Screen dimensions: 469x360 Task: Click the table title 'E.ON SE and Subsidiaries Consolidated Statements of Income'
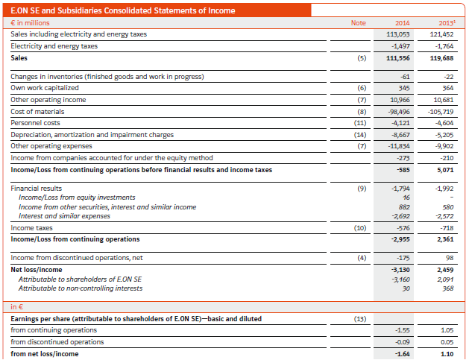click(123, 10)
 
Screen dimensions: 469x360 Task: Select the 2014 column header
click(403, 23)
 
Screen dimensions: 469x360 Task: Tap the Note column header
click(359, 23)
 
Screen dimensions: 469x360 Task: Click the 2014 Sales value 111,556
click(398, 58)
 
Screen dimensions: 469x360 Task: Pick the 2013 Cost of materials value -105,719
click(441, 112)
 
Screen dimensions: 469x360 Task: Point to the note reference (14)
click(360, 135)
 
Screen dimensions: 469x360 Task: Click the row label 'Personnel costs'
click(35, 123)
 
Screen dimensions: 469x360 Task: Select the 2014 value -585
click(403, 170)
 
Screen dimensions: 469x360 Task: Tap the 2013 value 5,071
click(445, 170)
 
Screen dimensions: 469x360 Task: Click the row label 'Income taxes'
click(32, 228)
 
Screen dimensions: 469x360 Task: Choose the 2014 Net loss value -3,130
click(400, 270)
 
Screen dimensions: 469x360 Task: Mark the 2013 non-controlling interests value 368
click(448, 288)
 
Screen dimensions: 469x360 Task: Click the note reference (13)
click(360, 319)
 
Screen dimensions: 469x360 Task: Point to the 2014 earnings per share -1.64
click(403, 354)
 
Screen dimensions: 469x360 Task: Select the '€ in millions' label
click(31, 23)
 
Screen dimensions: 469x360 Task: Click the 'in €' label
click(16, 307)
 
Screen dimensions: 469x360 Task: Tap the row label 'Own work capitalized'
click(45, 88)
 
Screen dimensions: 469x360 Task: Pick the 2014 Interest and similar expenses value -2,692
click(400, 216)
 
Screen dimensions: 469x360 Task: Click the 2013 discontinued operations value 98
click(450, 258)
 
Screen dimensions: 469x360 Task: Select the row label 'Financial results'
click(37, 189)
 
